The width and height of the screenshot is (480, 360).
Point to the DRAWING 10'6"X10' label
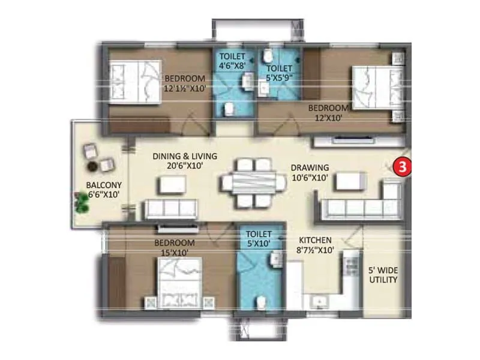pyautogui.click(x=310, y=172)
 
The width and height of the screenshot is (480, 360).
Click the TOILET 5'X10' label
pyautogui.click(x=258, y=238)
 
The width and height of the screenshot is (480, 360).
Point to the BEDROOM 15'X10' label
pyautogui.click(x=175, y=247)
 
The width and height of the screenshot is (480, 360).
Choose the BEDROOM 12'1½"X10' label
pyautogui.click(x=185, y=83)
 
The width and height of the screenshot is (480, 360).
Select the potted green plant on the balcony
pyautogui.click(x=81, y=202)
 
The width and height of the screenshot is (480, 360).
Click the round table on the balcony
pyautogui.click(x=93, y=164)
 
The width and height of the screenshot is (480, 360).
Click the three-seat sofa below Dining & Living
pyautogui.click(x=170, y=208)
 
